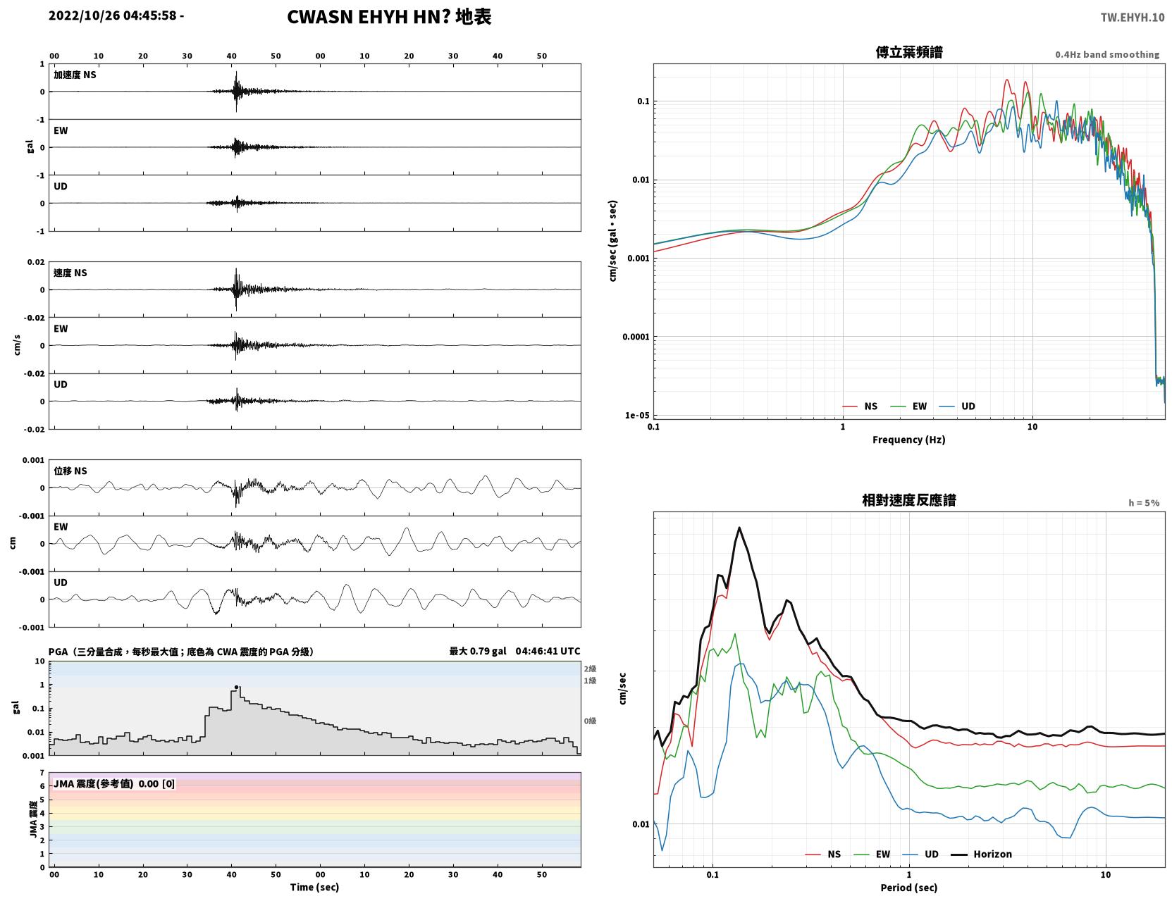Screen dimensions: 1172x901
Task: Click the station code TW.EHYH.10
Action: click(1132, 17)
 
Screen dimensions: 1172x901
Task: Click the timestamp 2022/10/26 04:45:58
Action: click(113, 15)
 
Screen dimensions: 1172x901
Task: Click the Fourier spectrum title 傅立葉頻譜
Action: click(909, 52)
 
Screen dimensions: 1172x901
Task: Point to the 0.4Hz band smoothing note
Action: click(1106, 54)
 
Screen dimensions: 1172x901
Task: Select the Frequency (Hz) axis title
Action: click(909, 440)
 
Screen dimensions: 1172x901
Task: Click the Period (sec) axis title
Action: click(909, 888)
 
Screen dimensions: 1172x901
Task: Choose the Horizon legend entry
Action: click(981, 854)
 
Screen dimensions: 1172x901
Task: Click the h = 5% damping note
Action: click(1143, 503)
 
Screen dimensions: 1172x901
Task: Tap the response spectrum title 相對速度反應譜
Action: click(909, 500)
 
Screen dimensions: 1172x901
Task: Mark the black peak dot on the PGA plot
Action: click(236, 687)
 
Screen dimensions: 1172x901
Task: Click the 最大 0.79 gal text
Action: click(478, 651)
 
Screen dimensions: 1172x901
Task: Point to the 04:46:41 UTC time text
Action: click(548, 651)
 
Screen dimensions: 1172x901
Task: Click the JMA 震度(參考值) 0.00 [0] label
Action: click(113, 783)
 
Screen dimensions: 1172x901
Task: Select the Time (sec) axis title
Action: click(314, 887)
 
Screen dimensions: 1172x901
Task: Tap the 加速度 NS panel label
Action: click(75, 75)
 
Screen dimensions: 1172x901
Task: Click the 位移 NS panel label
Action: click(70, 471)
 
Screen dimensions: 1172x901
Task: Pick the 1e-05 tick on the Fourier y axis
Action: click(637, 416)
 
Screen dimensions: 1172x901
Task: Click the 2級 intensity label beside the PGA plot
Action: click(590, 669)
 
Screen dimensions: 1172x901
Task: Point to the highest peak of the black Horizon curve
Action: click(739, 528)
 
